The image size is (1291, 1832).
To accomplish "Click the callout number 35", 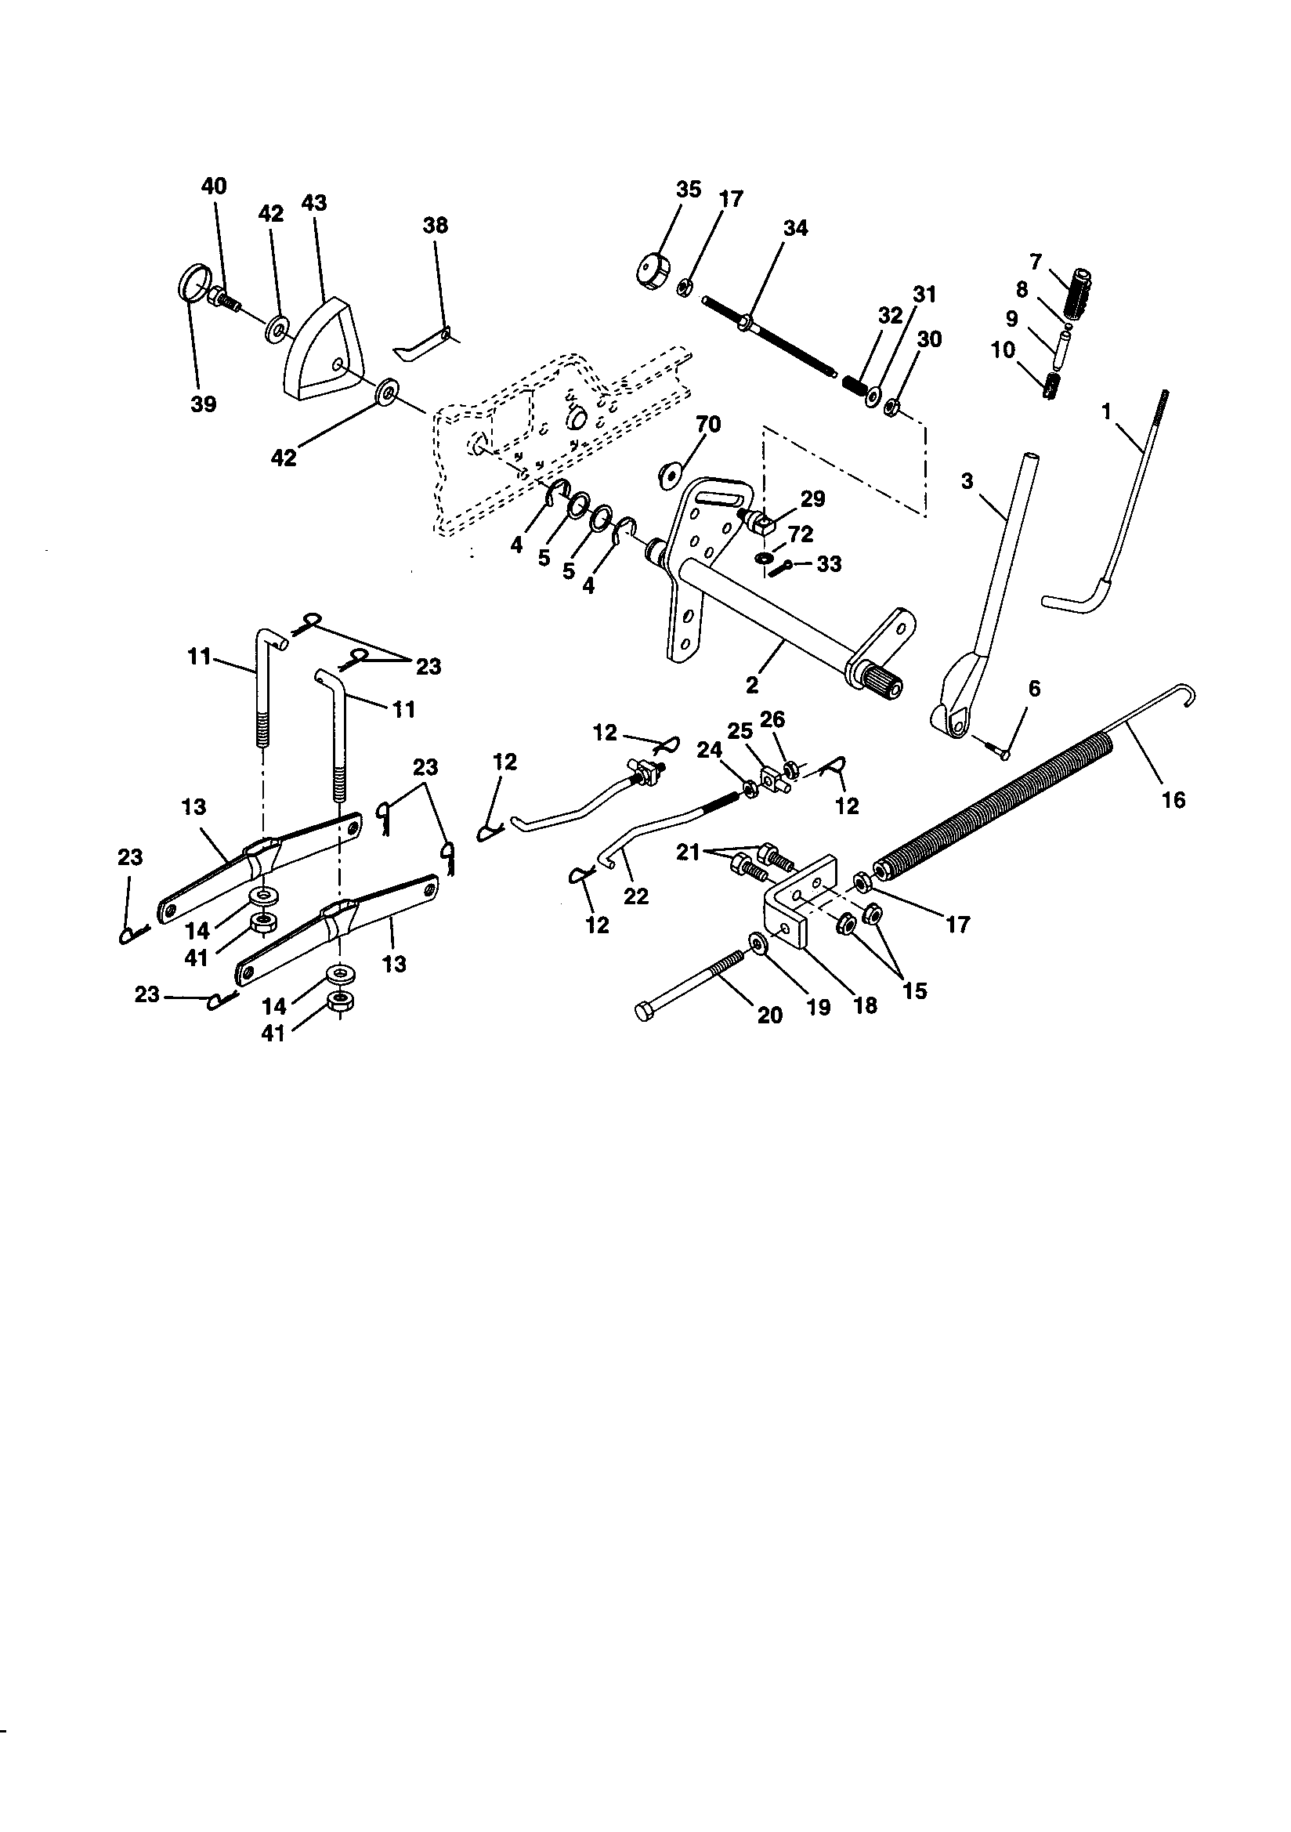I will (688, 190).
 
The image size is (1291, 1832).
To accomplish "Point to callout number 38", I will (435, 226).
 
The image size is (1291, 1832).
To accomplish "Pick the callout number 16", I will (1173, 798).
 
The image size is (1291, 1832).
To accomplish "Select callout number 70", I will (707, 425).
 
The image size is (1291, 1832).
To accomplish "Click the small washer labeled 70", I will (667, 475).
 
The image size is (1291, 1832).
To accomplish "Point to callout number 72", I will (800, 534).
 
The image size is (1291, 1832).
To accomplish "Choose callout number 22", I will (635, 897).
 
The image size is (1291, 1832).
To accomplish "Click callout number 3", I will (967, 482).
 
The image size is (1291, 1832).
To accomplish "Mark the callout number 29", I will (812, 499).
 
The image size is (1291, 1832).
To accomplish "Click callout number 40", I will (214, 186).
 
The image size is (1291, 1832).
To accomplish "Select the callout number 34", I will (794, 228).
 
